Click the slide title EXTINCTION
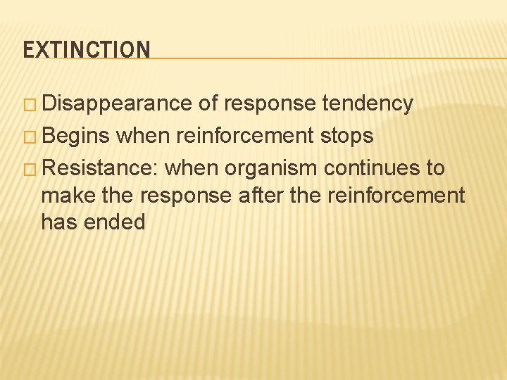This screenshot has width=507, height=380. pyautogui.click(x=87, y=50)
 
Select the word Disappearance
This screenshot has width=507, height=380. pyautogui.click(x=117, y=103)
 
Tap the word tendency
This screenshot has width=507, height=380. pyautogui.click(x=368, y=103)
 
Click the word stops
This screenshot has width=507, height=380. pyautogui.click(x=347, y=136)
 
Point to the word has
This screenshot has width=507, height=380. pyautogui.click(x=58, y=222)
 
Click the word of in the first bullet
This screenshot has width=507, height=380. pyautogui.click(x=208, y=103)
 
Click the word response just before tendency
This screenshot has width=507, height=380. pyautogui.click(x=269, y=104)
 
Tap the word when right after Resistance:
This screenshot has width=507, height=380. pyautogui.click(x=192, y=168)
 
